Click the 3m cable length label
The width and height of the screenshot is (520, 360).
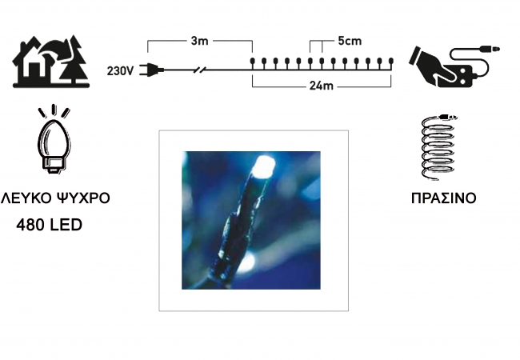pos(200,41)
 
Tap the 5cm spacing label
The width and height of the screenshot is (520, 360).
pos(350,41)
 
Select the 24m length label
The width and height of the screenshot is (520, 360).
pos(321,86)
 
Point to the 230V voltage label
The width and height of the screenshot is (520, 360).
pos(120,70)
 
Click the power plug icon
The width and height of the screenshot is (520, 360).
pos(151,70)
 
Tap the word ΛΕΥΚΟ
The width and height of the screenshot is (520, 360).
pos(26,198)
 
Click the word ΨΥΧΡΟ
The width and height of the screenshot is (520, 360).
pos(83,198)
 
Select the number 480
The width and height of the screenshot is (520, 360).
pos(30,225)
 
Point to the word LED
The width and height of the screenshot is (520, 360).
pos(66,225)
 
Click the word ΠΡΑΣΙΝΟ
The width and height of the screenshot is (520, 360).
pos(444,198)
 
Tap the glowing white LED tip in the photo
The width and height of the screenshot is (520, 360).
pos(264,166)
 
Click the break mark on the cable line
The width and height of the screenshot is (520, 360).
pos(200,70)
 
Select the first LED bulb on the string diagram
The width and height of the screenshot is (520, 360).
pos(252,63)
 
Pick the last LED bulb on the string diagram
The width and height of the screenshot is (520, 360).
pos(391,63)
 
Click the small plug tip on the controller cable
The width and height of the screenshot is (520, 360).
pos(490,50)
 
